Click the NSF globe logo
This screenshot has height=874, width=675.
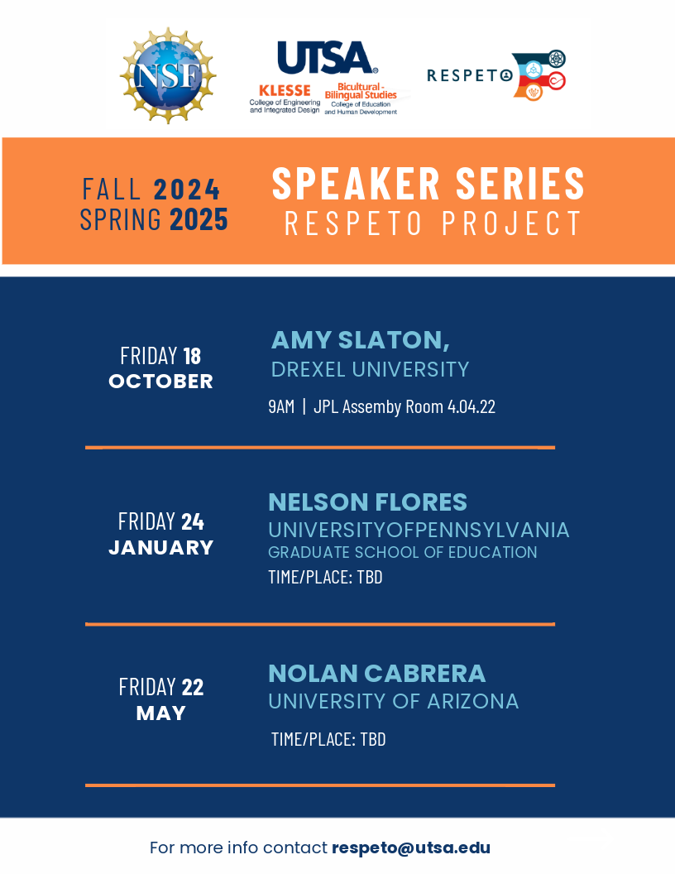(168, 75)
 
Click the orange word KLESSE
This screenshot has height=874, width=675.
(285, 90)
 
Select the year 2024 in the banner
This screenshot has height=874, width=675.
(187, 190)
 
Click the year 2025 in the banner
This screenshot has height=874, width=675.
(199, 219)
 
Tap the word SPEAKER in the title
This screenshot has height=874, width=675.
(357, 184)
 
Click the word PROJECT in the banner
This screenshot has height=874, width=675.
(512, 223)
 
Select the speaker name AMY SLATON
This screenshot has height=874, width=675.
(361, 340)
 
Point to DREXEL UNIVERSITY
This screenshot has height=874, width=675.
(371, 370)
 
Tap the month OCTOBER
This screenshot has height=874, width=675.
(161, 382)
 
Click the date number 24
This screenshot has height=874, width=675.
(193, 522)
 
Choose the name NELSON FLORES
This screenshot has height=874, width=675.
(367, 502)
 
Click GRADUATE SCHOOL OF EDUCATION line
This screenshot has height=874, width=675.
(403, 552)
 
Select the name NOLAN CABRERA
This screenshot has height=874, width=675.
(377, 674)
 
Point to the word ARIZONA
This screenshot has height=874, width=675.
(473, 702)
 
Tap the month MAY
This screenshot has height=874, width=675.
(161, 713)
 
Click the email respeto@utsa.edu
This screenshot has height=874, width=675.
(411, 848)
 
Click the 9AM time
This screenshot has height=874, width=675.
(281, 407)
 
